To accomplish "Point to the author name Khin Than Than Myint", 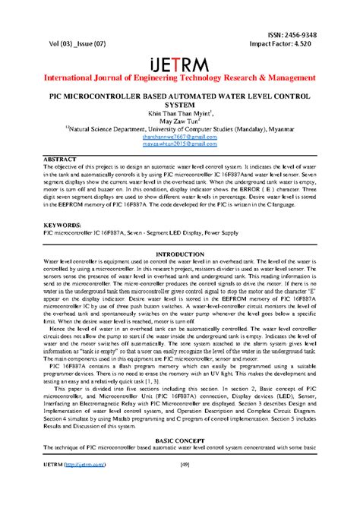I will coord(179,111).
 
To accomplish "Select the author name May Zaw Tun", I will coord(180,119).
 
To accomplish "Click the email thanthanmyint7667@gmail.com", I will coord(180,134).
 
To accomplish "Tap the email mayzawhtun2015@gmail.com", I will coord(180,142).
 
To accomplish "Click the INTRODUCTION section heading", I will coord(180,253).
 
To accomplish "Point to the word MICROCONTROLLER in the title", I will coord(115,96).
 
